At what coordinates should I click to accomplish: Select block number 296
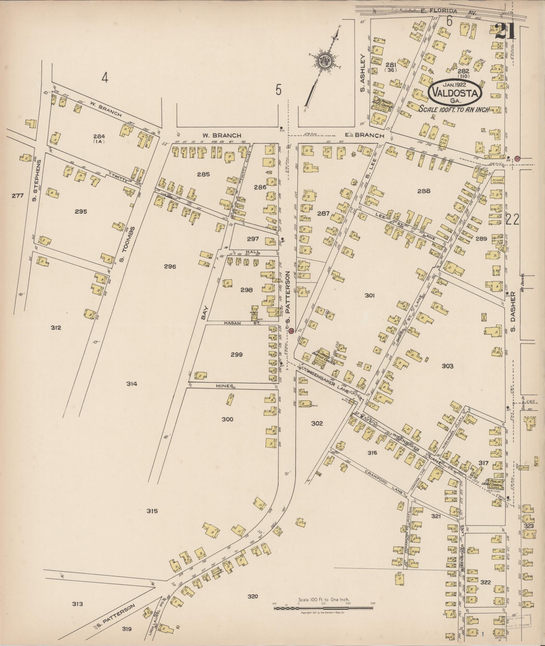point(170,266)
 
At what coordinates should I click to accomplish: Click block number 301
point(370,295)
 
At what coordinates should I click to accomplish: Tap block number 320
point(252,596)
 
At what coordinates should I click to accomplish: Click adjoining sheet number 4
point(105,79)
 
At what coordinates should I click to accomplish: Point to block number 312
point(56,327)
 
